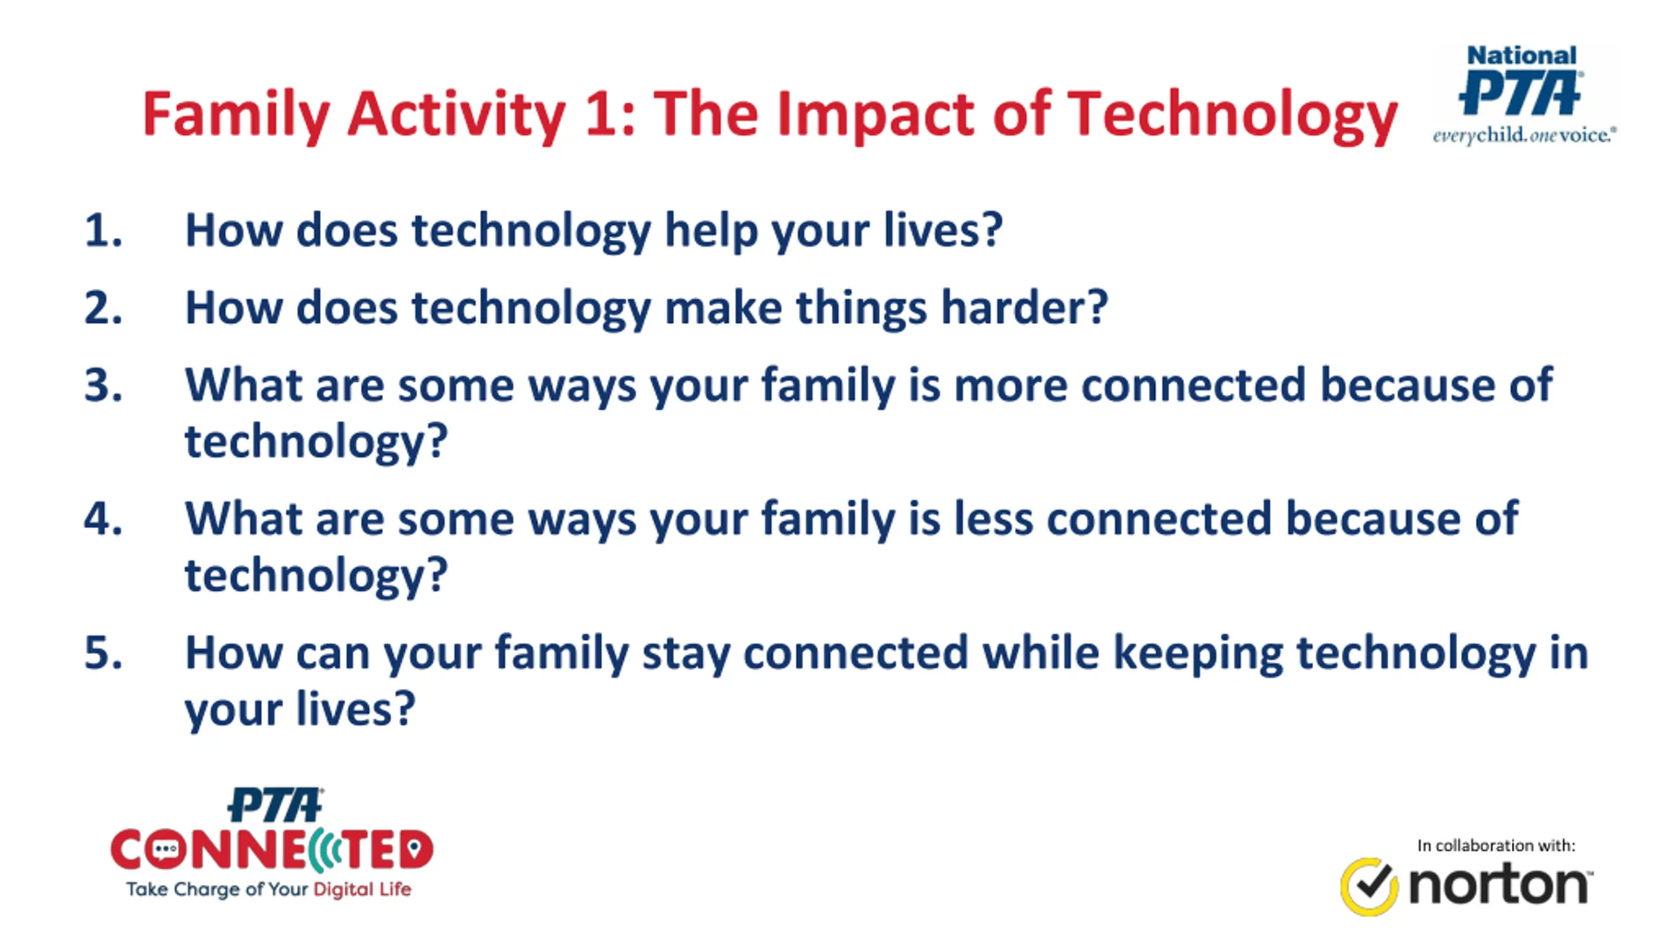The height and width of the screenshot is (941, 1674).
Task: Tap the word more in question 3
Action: [1011, 386]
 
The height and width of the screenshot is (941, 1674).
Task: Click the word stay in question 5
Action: [686, 655]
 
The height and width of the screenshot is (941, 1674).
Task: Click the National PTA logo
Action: [1524, 95]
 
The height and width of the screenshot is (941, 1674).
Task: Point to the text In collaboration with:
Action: [1496, 846]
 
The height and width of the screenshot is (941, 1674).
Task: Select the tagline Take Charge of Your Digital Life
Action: [269, 889]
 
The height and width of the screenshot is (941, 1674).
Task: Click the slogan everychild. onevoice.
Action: [1524, 136]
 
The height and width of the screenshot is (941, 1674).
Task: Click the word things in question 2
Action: [861, 308]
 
